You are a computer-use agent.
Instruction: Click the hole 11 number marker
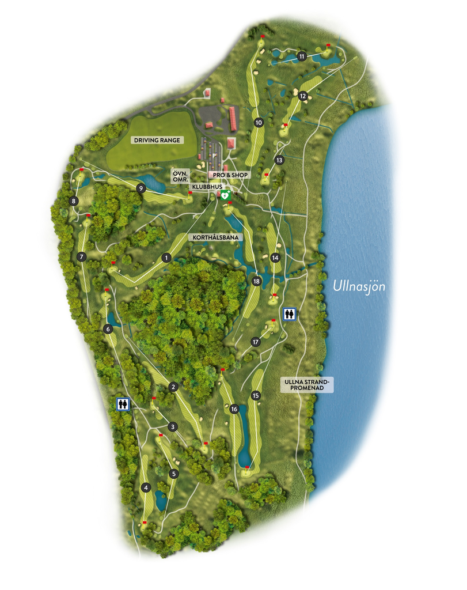coord(302,56)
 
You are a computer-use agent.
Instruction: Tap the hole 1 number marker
coord(166,258)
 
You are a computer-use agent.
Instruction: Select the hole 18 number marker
coord(257,281)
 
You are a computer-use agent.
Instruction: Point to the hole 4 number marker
coord(146,487)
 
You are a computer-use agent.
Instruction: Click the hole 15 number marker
coord(256,395)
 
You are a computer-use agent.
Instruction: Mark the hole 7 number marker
coord(82,256)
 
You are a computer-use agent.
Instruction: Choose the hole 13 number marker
coord(280,160)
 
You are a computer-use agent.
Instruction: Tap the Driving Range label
coord(156,140)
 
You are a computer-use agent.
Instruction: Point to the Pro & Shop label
coord(229,174)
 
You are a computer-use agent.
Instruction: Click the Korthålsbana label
coord(214,237)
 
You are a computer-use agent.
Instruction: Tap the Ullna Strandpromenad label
coord(306,384)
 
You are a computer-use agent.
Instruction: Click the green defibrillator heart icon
coord(225,195)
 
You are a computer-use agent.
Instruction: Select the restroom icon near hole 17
coord(290,314)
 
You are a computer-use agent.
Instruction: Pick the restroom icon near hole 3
coord(123,404)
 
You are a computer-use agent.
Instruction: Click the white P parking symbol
coord(214,156)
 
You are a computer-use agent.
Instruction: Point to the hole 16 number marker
coord(234,409)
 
